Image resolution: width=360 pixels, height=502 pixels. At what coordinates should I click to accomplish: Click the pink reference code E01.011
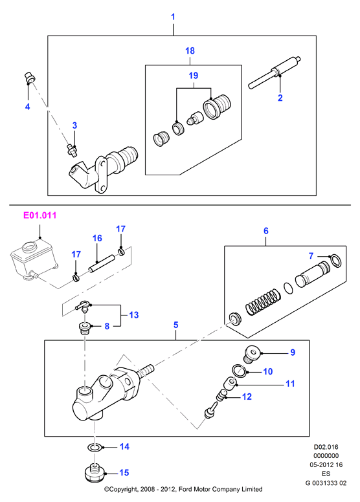pyautogui.click(x=39, y=215)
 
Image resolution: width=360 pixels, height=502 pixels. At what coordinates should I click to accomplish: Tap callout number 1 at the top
pyautogui.click(x=173, y=17)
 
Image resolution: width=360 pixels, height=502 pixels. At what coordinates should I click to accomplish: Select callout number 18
pyautogui.click(x=190, y=50)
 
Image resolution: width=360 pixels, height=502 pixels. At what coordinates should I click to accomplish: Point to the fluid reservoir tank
pyautogui.click(x=34, y=259)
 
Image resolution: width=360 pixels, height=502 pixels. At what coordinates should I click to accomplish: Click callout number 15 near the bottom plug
pyautogui.click(x=124, y=472)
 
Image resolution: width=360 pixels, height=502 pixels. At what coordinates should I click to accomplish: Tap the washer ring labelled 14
pyautogui.click(x=95, y=447)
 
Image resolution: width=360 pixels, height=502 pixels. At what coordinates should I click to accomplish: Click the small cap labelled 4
pyautogui.click(x=30, y=78)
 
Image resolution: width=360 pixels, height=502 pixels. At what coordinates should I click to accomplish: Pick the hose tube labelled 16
pyautogui.click(x=102, y=263)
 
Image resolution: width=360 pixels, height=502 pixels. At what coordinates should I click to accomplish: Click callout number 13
pyautogui.click(x=133, y=315)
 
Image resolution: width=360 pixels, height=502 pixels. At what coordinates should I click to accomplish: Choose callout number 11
pyautogui.click(x=290, y=384)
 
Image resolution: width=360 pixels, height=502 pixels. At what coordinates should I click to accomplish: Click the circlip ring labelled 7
pyautogui.click(x=336, y=261)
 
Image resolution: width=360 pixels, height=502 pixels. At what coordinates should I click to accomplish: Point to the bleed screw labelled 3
pyautogui.click(x=72, y=150)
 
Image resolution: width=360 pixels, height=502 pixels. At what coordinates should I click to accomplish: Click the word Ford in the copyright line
pyautogui.click(x=185, y=489)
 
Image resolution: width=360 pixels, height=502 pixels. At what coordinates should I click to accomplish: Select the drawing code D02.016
pyautogui.click(x=326, y=447)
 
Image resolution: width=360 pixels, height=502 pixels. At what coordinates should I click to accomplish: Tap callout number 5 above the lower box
pyautogui.click(x=175, y=325)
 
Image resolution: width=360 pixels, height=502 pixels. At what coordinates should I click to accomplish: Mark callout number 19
pyautogui.click(x=194, y=76)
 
